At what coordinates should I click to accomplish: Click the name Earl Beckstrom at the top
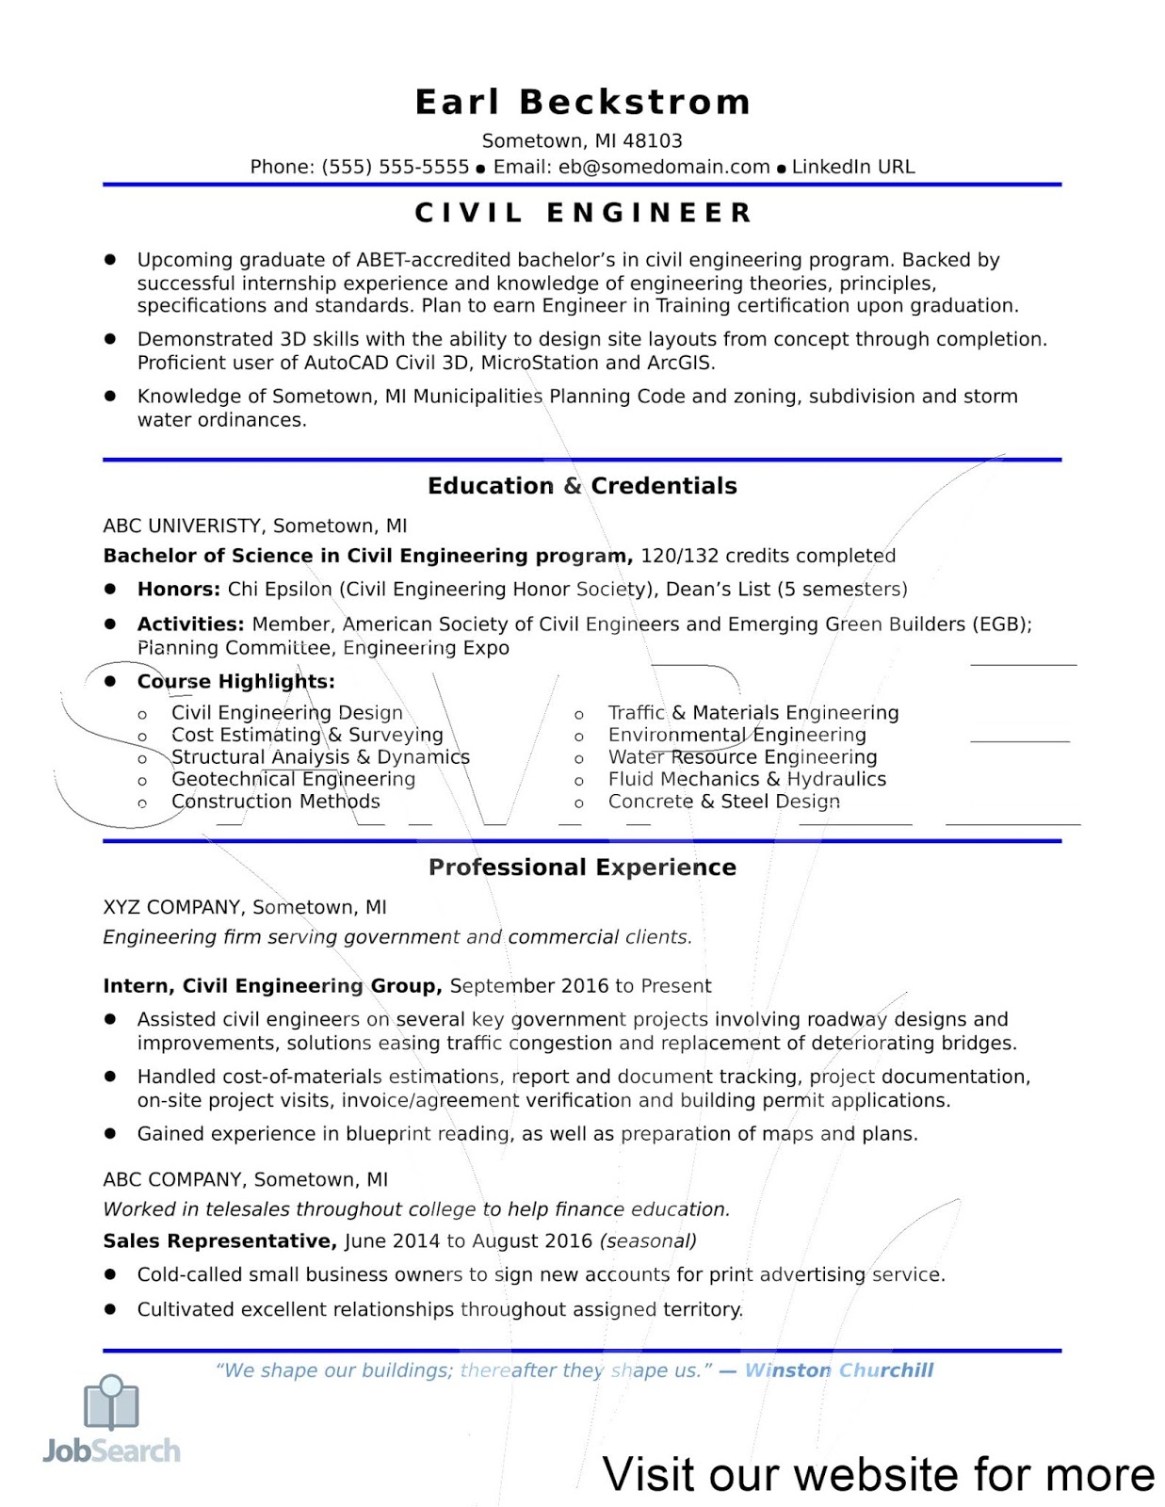[583, 102]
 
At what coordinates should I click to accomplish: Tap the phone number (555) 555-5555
[396, 167]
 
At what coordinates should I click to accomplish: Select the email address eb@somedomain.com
[664, 167]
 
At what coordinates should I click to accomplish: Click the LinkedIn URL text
[853, 167]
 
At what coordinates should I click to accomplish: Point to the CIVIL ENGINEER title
[583, 213]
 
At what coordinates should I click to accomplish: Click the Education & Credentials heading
[582, 486]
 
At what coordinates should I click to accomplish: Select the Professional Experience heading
[582, 867]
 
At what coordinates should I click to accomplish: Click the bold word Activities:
[190, 624]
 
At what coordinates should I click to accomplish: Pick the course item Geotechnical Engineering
[293, 779]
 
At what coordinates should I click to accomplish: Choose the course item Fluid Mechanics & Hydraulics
[747, 779]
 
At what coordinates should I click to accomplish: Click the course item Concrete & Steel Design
[723, 802]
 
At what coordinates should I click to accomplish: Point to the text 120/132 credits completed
[768, 556]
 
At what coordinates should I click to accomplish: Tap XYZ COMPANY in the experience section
[172, 907]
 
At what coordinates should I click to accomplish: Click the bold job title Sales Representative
[219, 1241]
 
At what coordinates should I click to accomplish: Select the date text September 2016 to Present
[580, 986]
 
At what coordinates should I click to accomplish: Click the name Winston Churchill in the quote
[838, 1370]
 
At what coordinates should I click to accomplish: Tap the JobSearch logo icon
[111, 1403]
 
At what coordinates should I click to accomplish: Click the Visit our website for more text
[878, 1474]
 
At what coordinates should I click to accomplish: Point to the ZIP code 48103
[653, 141]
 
